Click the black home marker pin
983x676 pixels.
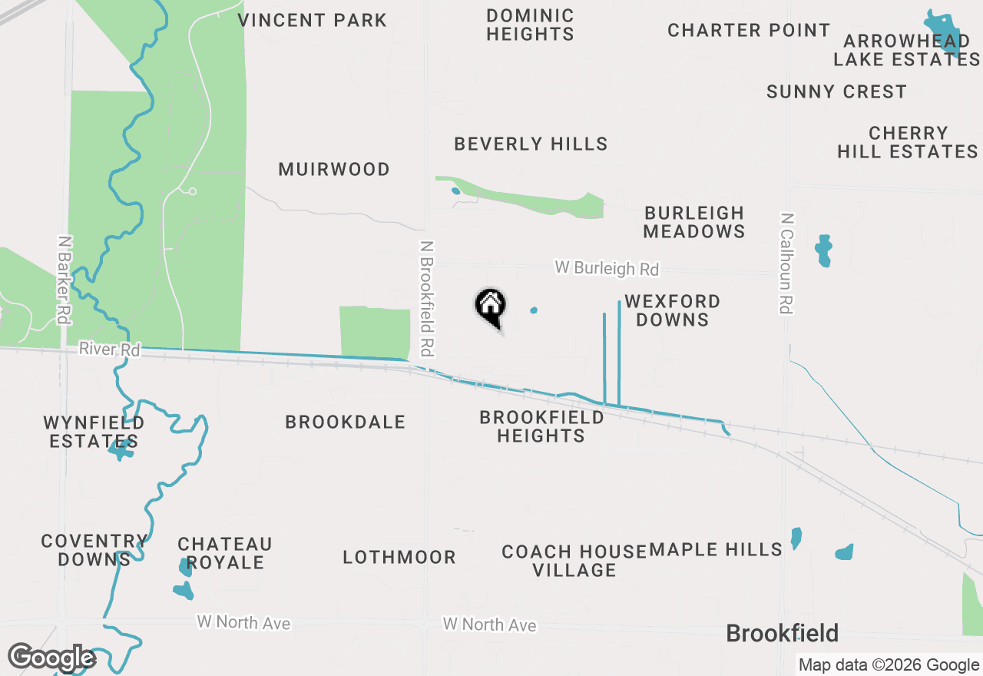(x=490, y=306)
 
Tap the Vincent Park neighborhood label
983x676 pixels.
(x=313, y=20)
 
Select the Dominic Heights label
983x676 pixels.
(x=530, y=25)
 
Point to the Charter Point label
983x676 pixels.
(x=749, y=31)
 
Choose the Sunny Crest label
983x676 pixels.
(x=836, y=92)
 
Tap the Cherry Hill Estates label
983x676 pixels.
(x=908, y=143)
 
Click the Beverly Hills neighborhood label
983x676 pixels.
(x=531, y=144)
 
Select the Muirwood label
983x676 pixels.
(x=334, y=169)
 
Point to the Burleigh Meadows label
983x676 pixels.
(x=694, y=222)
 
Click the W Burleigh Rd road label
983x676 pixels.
(x=607, y=268)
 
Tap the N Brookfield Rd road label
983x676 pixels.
(x=428, y=299)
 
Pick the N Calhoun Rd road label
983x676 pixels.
(x=786, y=263)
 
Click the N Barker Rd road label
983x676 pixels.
(x=65, y=278)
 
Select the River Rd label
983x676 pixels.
(x=110, y=350)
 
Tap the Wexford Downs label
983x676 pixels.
(x=672, y=310)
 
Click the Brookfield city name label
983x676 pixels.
(x=782, y=634)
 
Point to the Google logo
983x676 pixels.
(x=51, y=657)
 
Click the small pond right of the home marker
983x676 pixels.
(x=534, y=310)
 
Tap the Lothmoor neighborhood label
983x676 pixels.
(x=399, y=557)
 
